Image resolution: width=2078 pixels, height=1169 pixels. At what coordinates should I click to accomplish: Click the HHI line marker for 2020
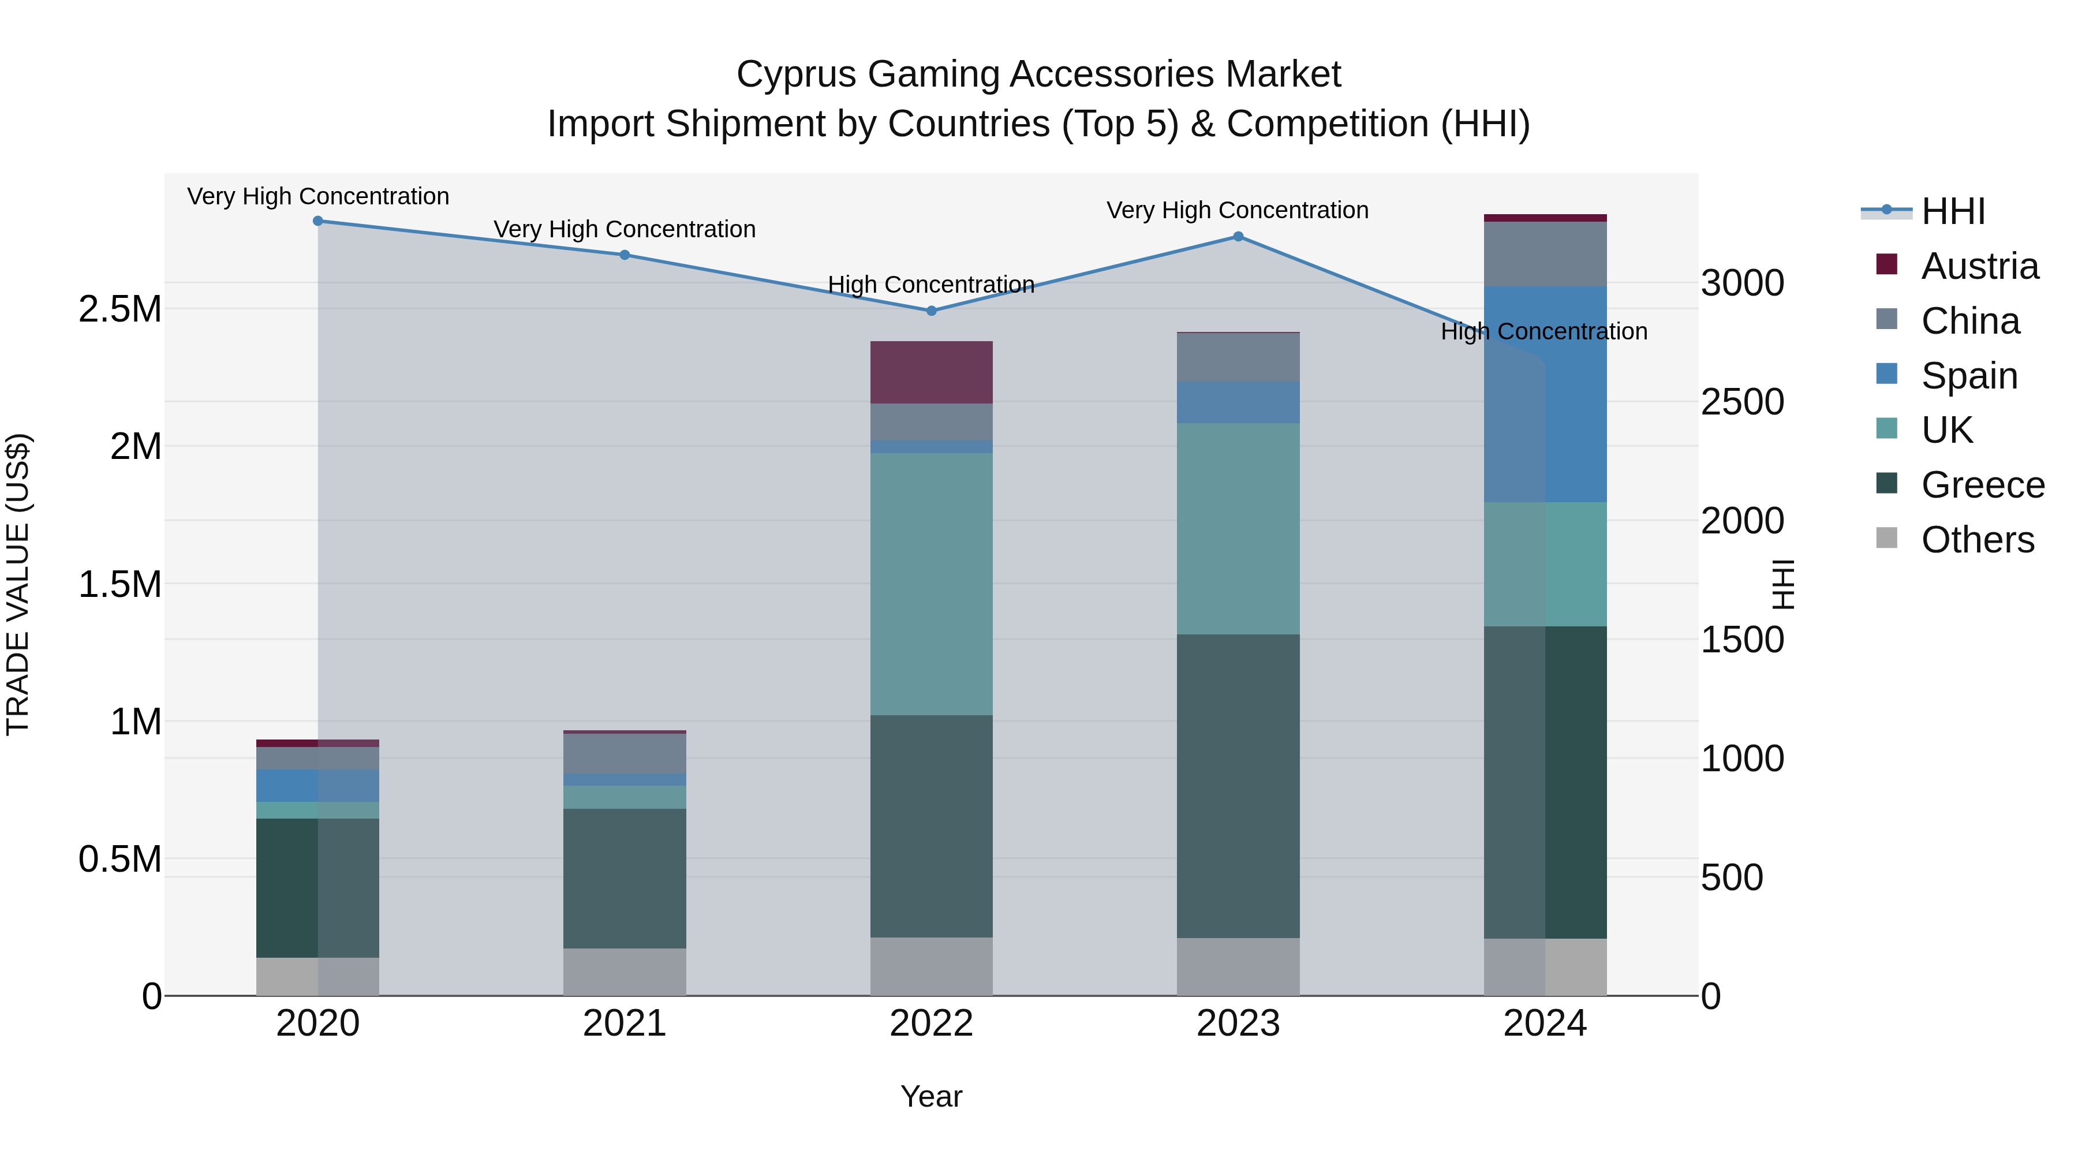(x=318, y=221)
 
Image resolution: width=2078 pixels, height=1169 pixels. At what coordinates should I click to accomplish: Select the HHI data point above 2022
(x=931, y=311)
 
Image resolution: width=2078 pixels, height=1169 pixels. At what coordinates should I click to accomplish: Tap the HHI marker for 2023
(x=1238, y=236)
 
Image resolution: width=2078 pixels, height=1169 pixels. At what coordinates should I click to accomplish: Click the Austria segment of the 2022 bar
(x=931, y=372)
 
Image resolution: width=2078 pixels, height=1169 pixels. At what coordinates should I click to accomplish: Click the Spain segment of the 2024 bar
(x=1545, y=394)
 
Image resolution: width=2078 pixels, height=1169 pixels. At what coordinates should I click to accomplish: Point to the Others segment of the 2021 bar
(x=625, y=972)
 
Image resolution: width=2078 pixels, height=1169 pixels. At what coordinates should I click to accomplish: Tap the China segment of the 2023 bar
(x=1238, y=357)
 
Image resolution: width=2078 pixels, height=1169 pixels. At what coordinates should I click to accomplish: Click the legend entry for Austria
(x=1979, y=266)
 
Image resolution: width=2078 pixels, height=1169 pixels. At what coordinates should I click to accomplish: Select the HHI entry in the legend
(x=1952, y=211)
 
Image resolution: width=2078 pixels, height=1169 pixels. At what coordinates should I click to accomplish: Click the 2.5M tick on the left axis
(x=120, y=309)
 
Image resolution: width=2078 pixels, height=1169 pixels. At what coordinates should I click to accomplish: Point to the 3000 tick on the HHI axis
(x=1743, y=283)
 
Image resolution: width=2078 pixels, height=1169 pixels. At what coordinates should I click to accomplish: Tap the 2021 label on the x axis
(x=625, y=1024)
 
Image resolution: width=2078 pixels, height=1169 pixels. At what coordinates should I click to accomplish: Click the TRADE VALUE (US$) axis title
(x=18, y=584)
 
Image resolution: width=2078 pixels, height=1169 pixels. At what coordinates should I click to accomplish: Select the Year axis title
(x=931, y=1096)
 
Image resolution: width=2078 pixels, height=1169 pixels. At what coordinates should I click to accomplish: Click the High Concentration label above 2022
(x=931, y=285)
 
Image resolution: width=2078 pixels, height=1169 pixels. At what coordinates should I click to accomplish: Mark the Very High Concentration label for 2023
(x=1238, y=210)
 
